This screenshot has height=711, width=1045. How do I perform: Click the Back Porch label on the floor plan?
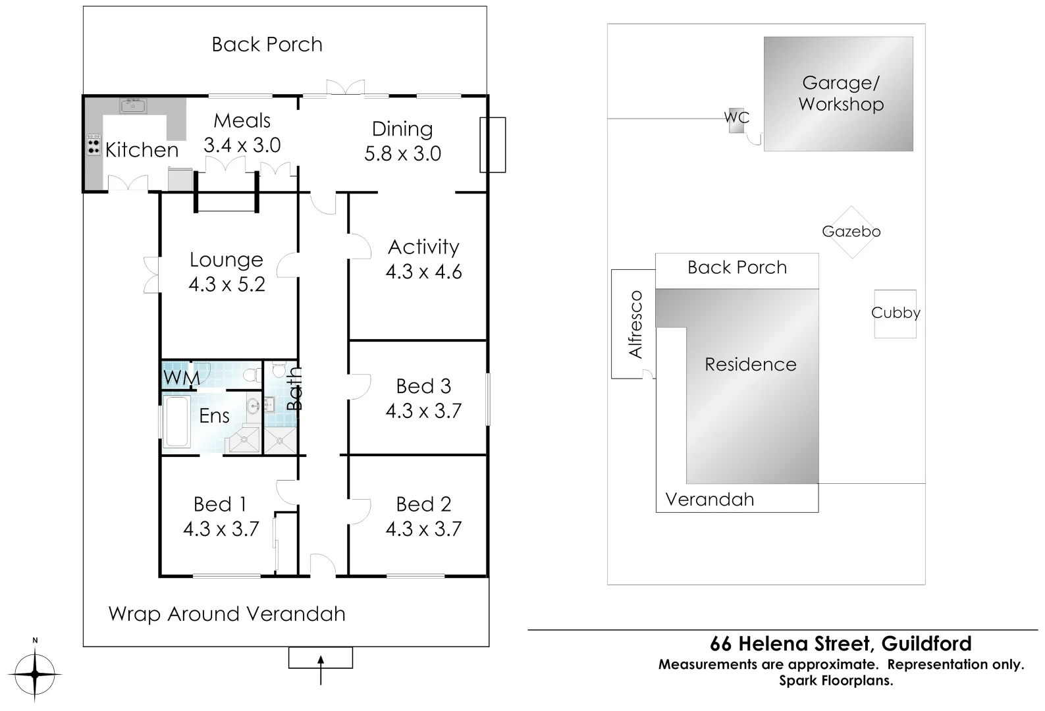click(x=267, y=45)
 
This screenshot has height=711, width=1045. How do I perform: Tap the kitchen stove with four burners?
click(x=94, y=145)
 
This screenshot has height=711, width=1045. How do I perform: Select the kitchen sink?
click(x=132, y=105)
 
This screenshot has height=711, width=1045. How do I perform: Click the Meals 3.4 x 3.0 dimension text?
click(x=242, y=145)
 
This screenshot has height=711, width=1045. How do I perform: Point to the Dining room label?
click(x=402, y=129)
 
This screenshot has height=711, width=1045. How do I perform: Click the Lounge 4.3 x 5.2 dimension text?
click(x=227, y=284)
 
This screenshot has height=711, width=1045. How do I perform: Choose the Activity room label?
click(x=423, y=248)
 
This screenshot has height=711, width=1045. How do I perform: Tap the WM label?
click(x=181, y=378)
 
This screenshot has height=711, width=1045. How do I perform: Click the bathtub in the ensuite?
click(x=176, y=422)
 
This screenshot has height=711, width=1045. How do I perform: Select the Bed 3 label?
click(x=423, y=386)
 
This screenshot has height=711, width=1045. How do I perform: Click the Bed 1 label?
click(x=220, y=505)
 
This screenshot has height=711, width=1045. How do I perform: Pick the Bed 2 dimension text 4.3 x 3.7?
click(x=423, y=529)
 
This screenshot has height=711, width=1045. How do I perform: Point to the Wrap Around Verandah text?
click(x=227, y=614)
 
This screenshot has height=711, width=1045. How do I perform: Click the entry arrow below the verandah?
click(x=321, y=666)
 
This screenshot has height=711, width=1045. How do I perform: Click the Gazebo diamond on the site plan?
click(x=851, y=232)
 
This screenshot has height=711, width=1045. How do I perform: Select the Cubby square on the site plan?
click(x=895, y=313)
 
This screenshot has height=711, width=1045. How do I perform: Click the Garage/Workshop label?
click(x=841, y=93)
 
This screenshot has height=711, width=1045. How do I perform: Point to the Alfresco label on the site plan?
click(x=635, y=325)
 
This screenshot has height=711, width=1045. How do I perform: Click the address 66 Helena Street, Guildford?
click(x=840, y=644)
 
